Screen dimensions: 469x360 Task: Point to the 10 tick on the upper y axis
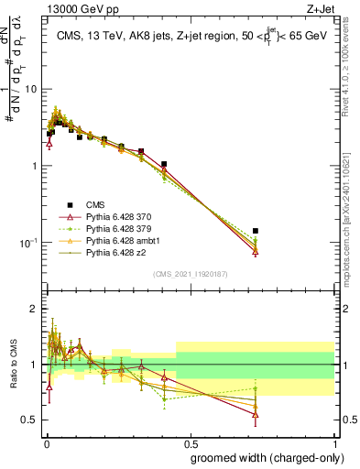[x=31, y=90]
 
